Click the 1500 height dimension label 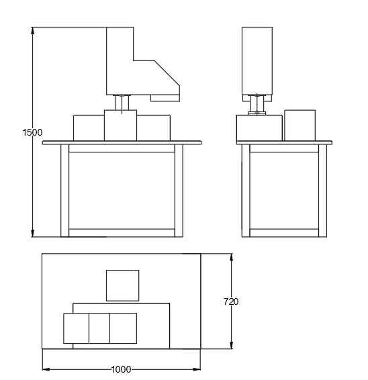[32, 132]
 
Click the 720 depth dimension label [231, 301]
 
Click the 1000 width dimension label [122, 369]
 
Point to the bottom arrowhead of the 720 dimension [232, 344]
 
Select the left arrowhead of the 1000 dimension [46, 369]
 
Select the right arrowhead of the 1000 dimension [196, 369]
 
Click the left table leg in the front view [64, 191]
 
